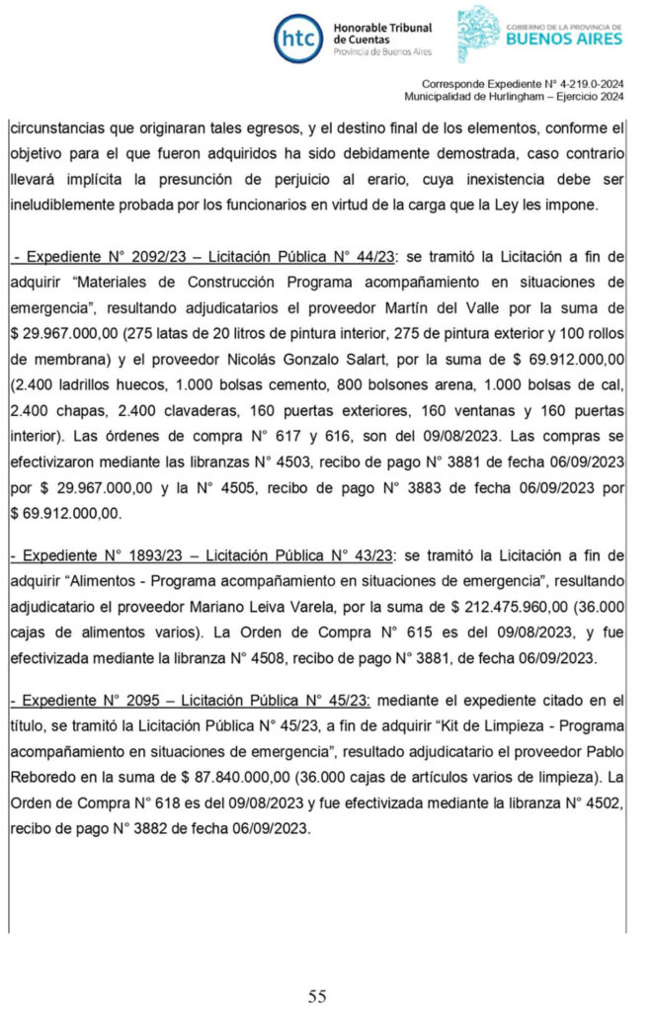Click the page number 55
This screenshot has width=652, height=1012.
[317, 995]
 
